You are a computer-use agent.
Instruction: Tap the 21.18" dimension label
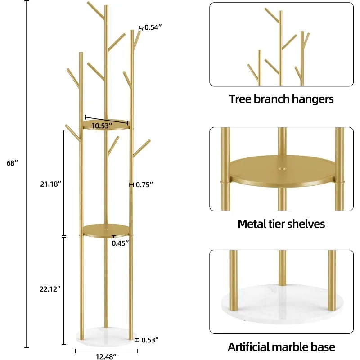tap(50, 184)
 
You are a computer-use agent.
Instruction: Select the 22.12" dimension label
tap(50, 289)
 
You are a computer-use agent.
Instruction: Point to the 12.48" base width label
tap(106, 356)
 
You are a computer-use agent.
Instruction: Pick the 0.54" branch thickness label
tap(153, 27)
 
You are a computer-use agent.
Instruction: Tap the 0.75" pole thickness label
tap(144, 184)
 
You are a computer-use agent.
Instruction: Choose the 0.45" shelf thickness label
tap(120, 243)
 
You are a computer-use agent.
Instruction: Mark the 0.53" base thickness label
tap(150, 340)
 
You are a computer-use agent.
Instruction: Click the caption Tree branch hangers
tap(281, 99)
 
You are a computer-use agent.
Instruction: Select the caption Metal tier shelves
tap(281, 224)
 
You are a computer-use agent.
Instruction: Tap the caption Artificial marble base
tap(281, 347)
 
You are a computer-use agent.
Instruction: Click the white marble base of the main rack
tap(106, 336)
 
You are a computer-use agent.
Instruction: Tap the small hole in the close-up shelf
tap(283, 169)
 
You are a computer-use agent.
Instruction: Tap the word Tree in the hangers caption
tap(239, 99)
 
